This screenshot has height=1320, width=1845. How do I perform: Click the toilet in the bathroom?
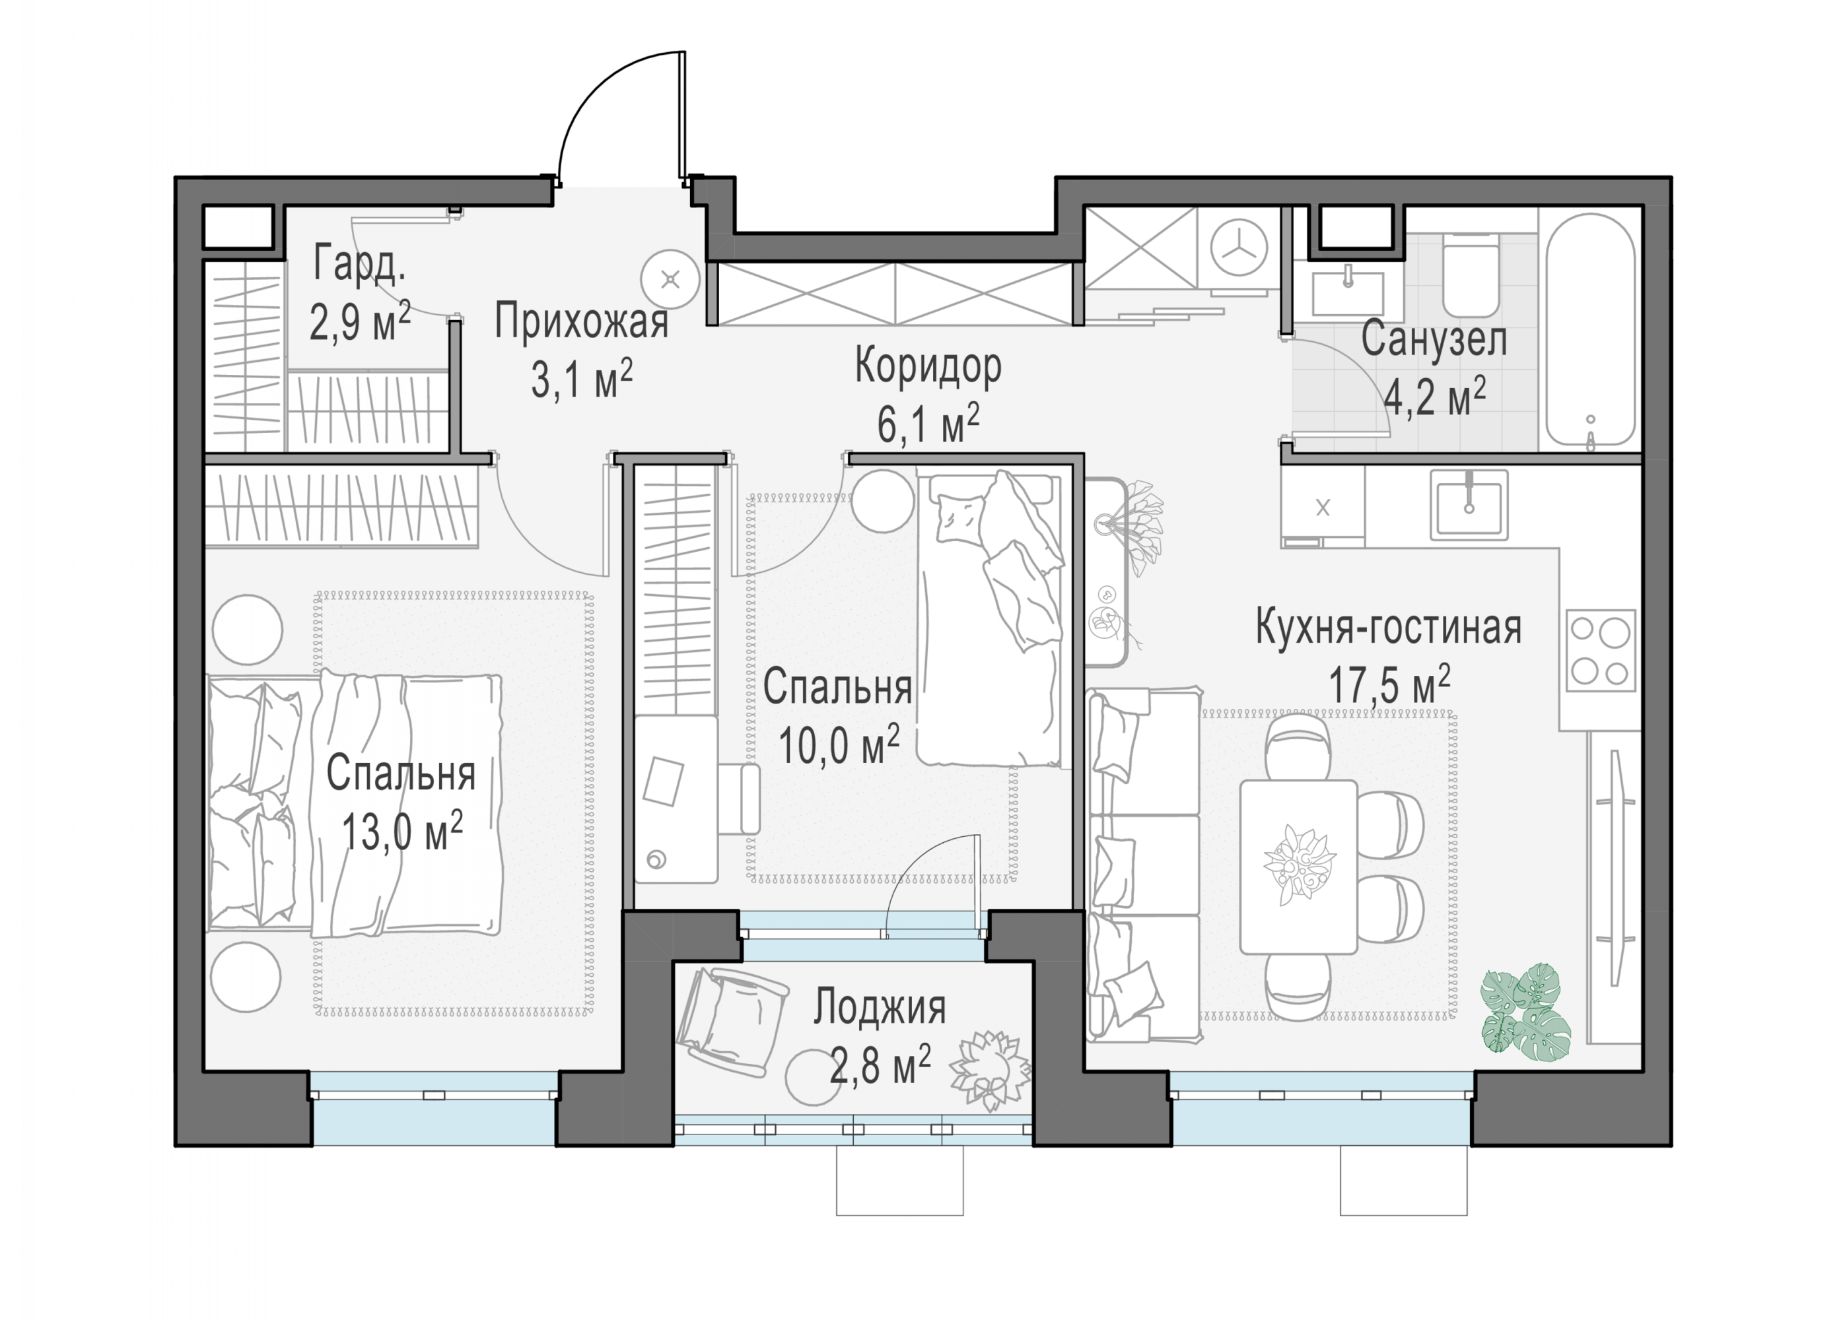point(1470,275)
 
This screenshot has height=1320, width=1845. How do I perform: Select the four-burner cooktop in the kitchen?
point(1600,650)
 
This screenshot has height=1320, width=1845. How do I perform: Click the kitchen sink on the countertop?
point(1469,505)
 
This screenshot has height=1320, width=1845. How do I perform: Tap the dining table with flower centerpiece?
point(1299,867)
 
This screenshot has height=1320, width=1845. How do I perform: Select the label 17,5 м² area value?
point(1389,685)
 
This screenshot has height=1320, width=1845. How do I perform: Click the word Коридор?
point(928,368)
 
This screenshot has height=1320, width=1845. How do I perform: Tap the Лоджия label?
point(880,1008)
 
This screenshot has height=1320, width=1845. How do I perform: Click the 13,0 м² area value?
point(401,832)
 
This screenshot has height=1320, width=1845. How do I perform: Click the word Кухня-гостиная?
point(1388,628)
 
